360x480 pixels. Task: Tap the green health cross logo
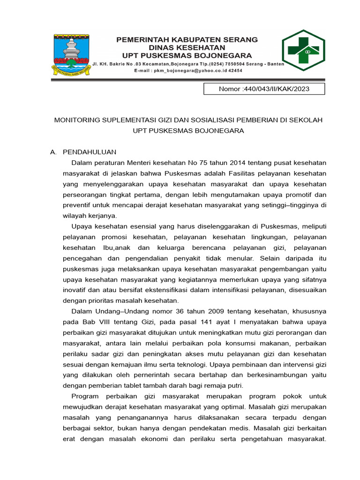(x=302, y=50)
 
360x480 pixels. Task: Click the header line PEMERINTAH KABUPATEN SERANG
(x=187, y=40)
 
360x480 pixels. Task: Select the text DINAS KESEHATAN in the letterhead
(x=187, y=47)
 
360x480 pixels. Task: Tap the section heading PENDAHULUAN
(x=90, y=152)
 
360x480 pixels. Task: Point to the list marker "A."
(x=53, y=152)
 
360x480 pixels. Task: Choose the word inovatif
(x=76, y=290)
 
